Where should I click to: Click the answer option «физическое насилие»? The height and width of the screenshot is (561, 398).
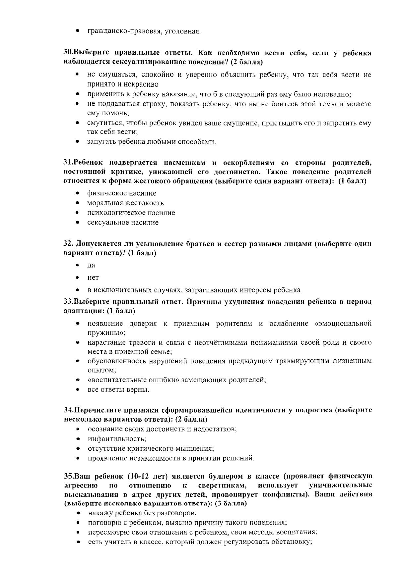click(x=121, y=193)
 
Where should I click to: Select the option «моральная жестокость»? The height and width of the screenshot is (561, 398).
click(x=125, y=203)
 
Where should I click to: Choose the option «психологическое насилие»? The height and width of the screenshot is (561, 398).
click(x=131, y=213)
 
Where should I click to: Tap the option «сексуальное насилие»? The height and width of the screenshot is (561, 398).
click(x=123, y=223)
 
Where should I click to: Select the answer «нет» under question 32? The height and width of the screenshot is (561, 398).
click(x=93, y=278)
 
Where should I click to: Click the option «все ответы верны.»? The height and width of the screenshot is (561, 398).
click(x=118, y=389)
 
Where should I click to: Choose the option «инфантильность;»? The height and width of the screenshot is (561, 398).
click(x=117, y=439)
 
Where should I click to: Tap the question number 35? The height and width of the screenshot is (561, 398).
click(x=68, y=476)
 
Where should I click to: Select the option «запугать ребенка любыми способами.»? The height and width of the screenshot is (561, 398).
click(x=151, y=142)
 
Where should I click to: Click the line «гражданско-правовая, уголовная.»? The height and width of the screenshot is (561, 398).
click(x=144, y=32)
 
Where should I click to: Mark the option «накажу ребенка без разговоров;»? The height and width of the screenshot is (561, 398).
click(x=142, y=513)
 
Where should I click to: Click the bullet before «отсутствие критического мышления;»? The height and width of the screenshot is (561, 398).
click(x=77, y=449)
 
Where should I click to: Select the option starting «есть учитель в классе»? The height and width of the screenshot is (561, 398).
click(x=200, y=542)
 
